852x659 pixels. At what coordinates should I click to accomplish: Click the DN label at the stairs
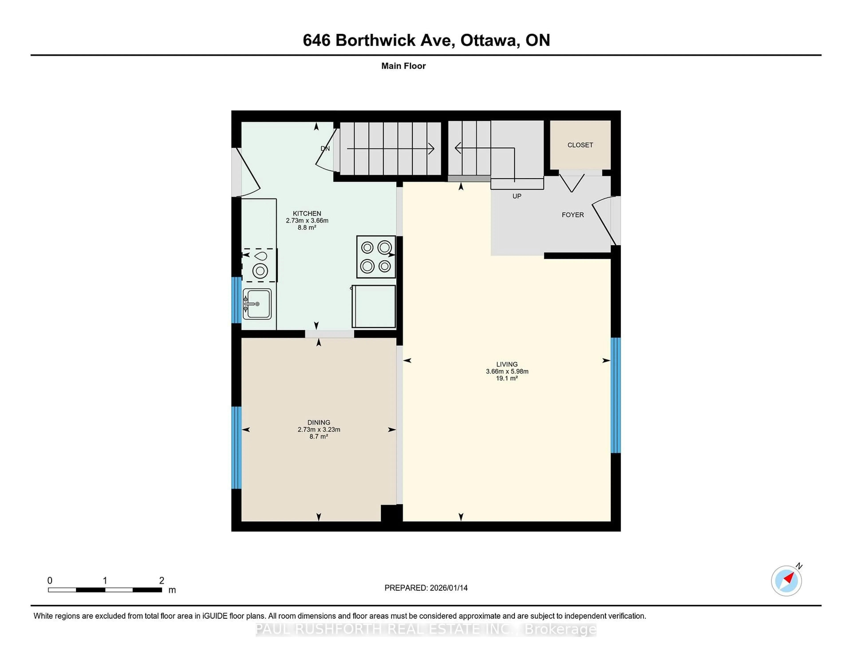pos(325,148)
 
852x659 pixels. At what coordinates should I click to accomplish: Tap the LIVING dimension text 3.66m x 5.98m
pos(507,371)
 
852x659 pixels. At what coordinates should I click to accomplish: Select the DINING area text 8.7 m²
pos(318,437)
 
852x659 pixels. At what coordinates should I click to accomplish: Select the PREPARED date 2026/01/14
pos(448,588)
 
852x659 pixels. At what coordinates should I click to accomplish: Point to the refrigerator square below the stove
pos(374,306)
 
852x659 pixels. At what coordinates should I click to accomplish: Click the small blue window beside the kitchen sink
pos(236,300)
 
